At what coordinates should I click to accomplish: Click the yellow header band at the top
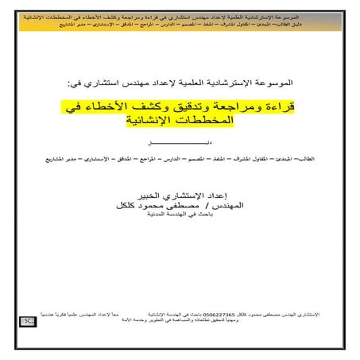[180, 20]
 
